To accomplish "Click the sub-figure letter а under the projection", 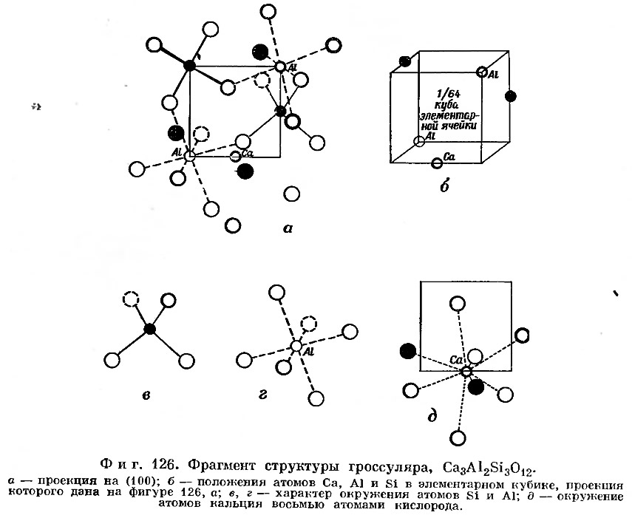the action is tap(288, 229).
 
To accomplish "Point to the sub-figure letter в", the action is tap(146, 395).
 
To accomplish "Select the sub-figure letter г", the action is tap(263, 395).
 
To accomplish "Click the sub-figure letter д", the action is tap(432, 416).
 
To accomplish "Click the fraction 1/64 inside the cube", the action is tap(449, 95).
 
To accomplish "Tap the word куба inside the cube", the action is tap(446, 105).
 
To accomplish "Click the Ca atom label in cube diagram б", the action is tap(449, 157).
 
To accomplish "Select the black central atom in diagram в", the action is tap(150, 329).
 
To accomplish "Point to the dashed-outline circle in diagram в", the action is tap(130, 300).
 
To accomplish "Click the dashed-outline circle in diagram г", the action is tap(309, 324).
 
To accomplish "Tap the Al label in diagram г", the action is tap(308, 352).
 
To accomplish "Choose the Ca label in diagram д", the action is tap(455, 360).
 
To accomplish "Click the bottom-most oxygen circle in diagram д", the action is tap(458, 438).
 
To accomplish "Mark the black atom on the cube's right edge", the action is tap(510, 96).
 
